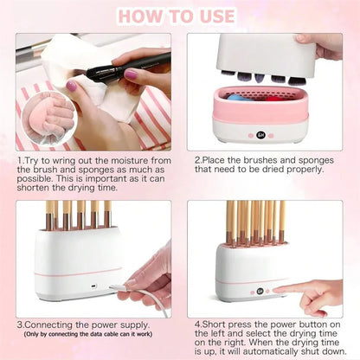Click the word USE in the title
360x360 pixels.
[213, 16]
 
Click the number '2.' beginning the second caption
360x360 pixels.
[198, 160]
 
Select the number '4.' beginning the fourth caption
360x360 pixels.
[198, 324]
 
